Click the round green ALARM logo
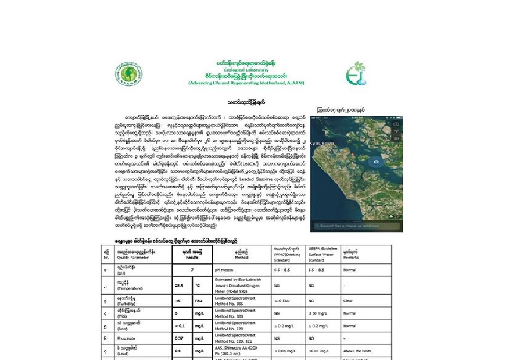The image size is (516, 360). click(128, 74)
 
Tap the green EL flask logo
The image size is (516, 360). click(356, 74)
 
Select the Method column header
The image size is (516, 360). click(242, 254)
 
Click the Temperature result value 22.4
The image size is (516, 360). click(179, 286)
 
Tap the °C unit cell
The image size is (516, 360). click(198, 286)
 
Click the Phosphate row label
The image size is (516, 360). click(127, 338)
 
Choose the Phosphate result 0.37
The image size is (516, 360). click(179, 338)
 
